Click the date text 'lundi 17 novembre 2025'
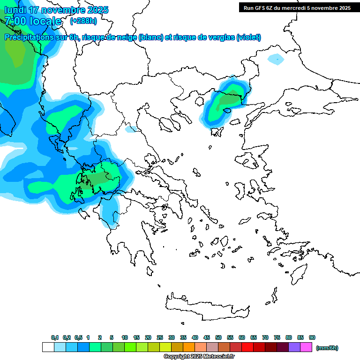56,10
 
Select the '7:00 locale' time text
33,21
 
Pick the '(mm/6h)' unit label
327,348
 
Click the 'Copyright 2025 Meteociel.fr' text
199,357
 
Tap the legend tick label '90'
312,337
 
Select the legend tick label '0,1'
55,337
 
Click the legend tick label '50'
218,337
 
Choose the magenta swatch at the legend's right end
306,347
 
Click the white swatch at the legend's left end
48,347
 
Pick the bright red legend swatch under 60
247,347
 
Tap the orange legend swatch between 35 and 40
189,347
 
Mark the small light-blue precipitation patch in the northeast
276,59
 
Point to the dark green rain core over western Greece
98,178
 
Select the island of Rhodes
298,275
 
